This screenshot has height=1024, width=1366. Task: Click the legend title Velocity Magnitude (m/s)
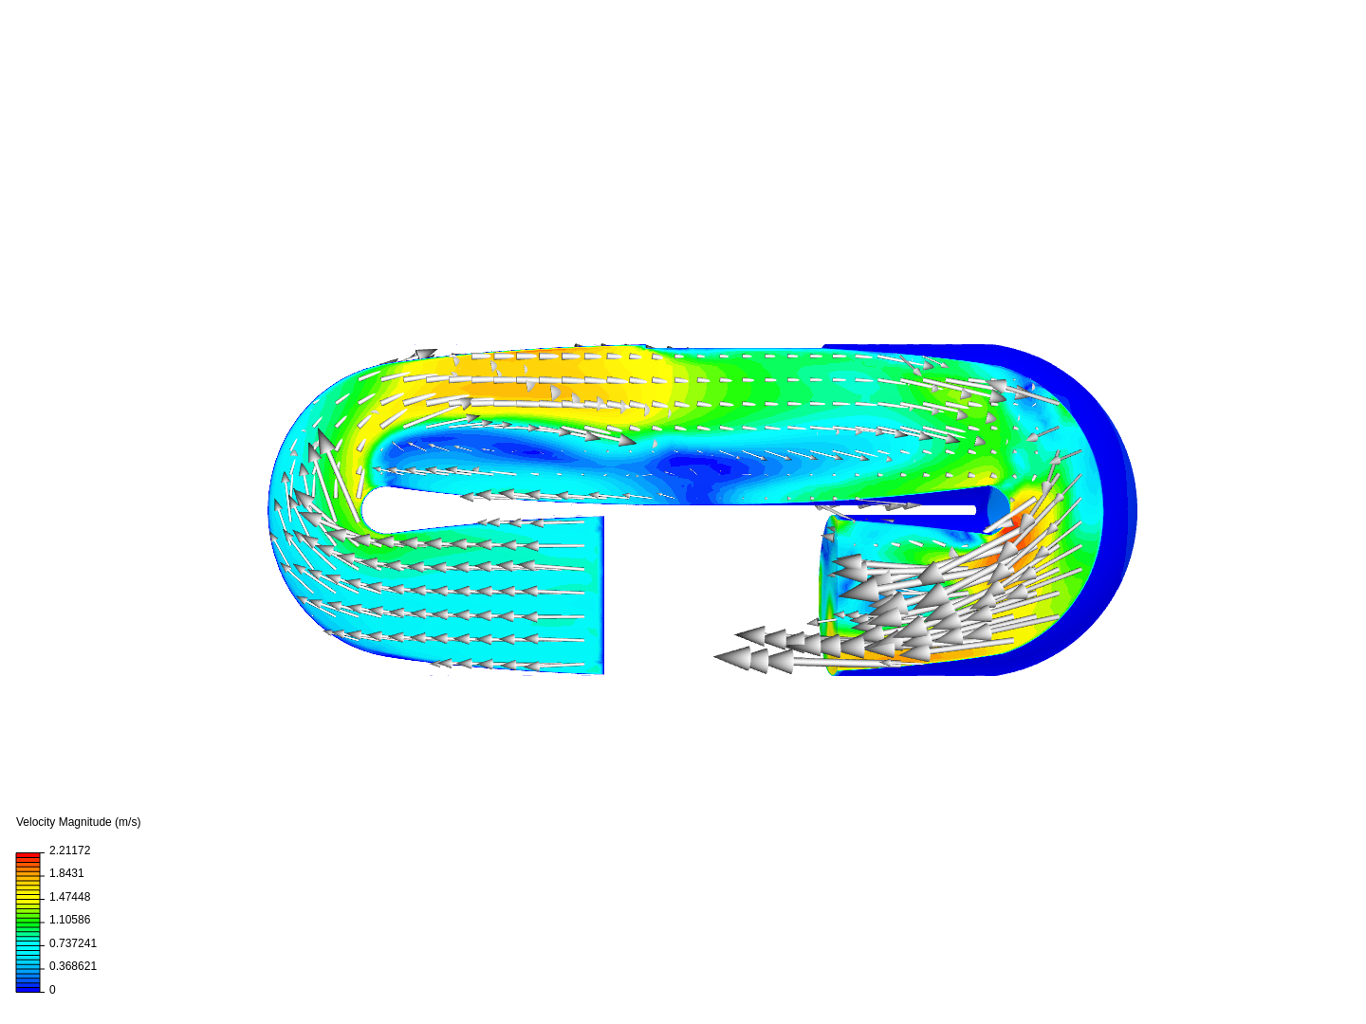point(78,822)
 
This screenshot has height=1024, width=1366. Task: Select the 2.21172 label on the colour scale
point(69,850)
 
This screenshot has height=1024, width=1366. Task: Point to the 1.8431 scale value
point(66,873)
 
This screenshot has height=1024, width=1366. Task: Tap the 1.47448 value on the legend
point(69,897)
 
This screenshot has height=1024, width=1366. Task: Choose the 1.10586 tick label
point(69,920)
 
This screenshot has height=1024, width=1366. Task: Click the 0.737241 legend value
point(72,943)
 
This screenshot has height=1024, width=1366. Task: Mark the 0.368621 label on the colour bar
point(72,966)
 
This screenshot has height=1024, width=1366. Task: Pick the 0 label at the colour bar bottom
point(52,990)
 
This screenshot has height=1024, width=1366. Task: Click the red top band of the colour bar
point(28,855)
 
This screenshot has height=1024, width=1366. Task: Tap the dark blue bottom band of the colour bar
point(28,988)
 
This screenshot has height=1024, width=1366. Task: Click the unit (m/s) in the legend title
point(126,822)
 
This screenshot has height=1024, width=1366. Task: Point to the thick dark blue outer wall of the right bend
point(1119,512)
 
